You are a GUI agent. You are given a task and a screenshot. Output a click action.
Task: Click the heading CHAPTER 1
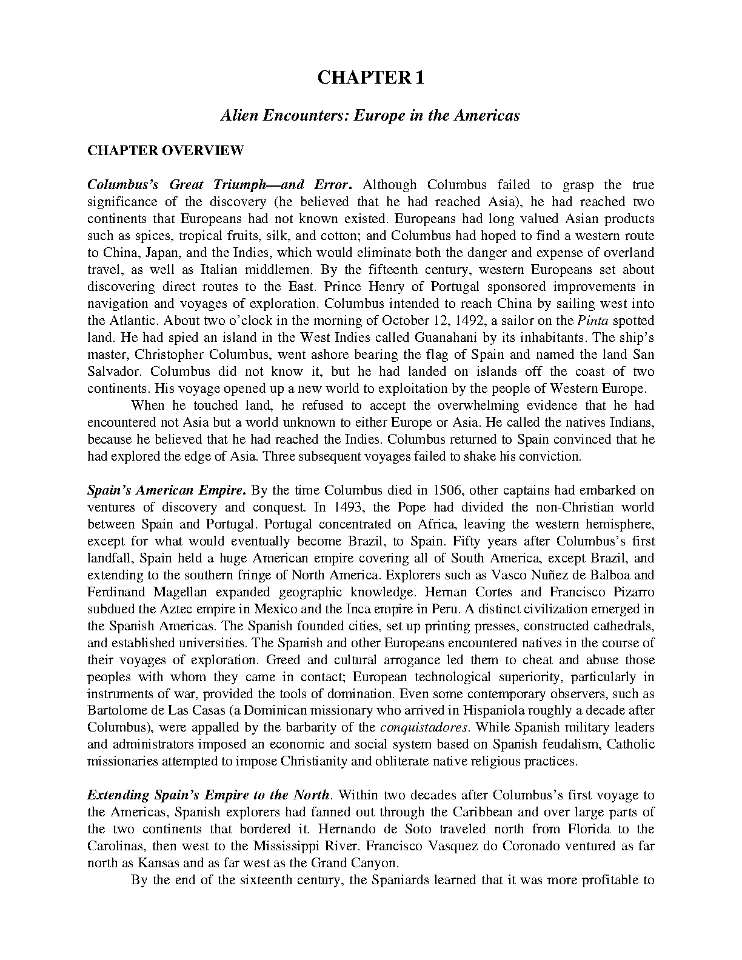[x=370, y=78]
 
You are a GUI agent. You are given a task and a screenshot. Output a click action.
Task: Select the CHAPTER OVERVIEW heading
[x=165, y=150]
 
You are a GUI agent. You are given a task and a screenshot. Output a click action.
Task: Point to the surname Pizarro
[x=630, y=592]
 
